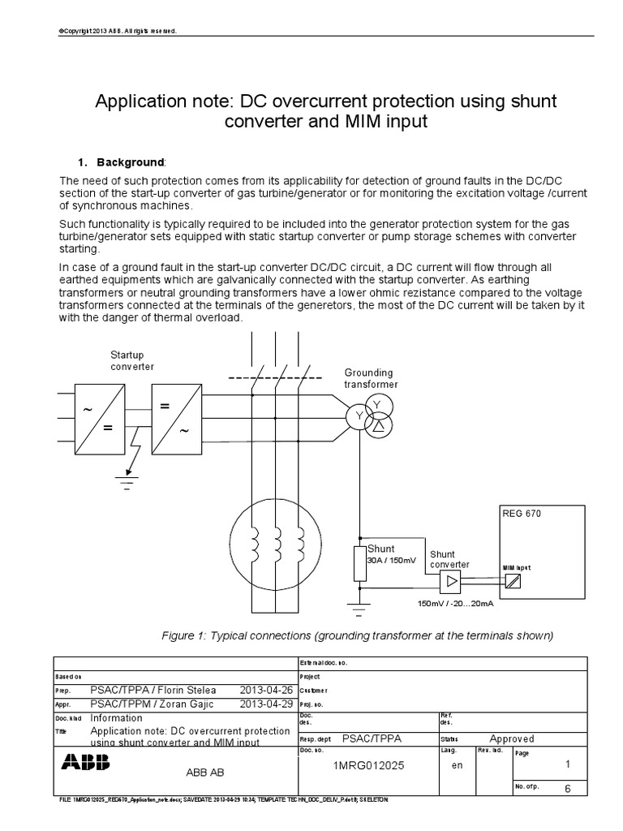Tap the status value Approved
pyautogui.click(x=512, y=738)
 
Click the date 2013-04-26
pyautogui.click(x=265, y=690)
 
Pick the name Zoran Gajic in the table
pyautogui.click(x=186, y=704)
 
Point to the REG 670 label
pyautogui.click(x=522, y=514)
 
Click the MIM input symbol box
pyautogui.click(x=512, y=582)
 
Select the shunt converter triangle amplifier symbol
pyautogui.click(x=449, y=581)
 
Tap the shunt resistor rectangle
pyautogui.click(x=360, y=563)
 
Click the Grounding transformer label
pyautogui.click(x=368, y=378)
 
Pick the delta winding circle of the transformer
pyautogui.click(x=378, y=424)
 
